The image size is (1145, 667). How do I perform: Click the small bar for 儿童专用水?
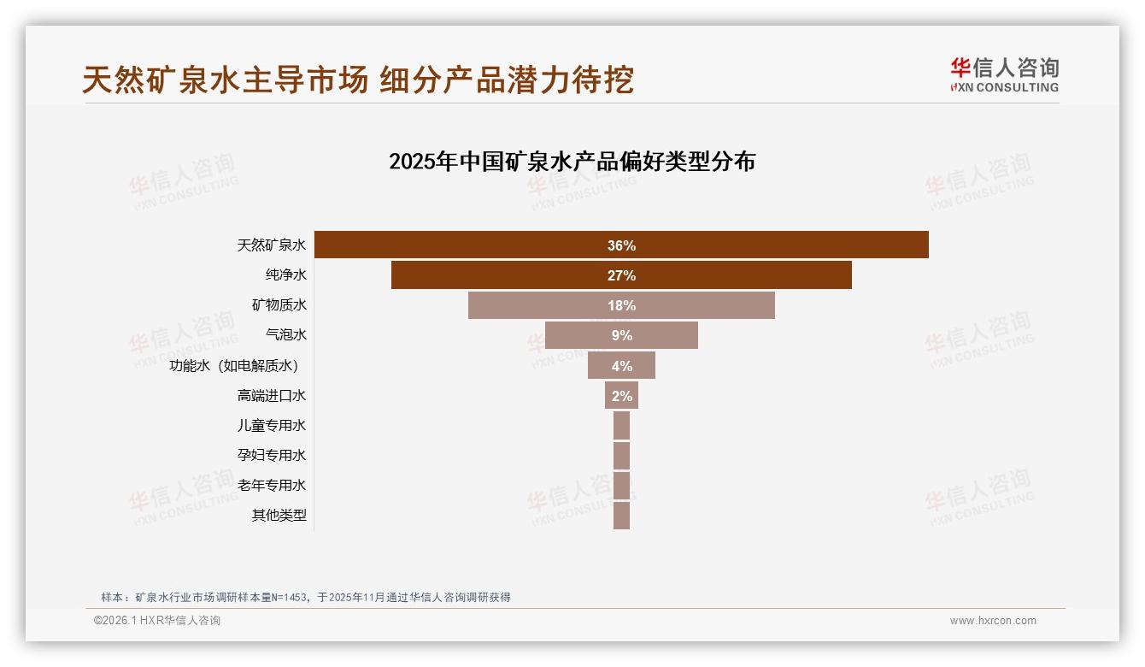coord(621,425)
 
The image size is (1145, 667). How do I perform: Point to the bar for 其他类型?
coord(621,516)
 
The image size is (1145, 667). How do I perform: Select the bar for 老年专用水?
coord(621,486)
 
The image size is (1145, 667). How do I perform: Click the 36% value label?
coord(621,245)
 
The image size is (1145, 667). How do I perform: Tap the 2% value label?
coord(621,396)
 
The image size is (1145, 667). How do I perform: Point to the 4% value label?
coord(621,366)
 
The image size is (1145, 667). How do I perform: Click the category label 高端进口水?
coord(272,395)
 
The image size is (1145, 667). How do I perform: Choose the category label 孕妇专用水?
coord(272,455)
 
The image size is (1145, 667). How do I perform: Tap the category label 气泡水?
coord(286,334)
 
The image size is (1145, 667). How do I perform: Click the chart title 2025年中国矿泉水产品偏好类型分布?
coord(572,161)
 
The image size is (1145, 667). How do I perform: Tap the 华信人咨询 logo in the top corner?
coord(1004,74)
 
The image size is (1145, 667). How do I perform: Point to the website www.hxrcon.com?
coord(993,621)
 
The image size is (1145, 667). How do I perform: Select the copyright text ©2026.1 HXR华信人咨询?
coord(157,621)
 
